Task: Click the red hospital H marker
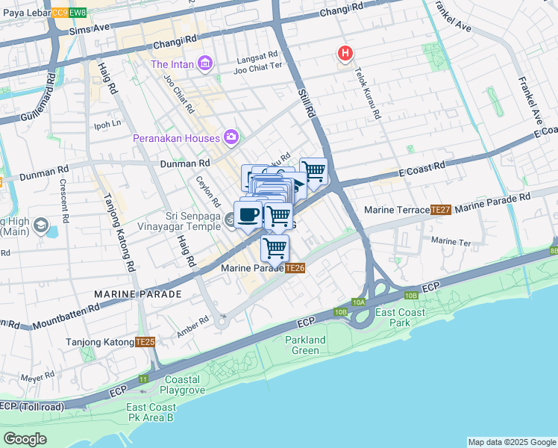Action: click(x=345, y=53)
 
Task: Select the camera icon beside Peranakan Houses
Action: click(x=231, y=137)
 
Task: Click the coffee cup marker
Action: click(x=248, y=214)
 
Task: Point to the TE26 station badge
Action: click(x=295, y=268)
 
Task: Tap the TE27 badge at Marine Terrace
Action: click(x=441, y=210)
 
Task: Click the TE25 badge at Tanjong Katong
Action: click(x=145, y=342)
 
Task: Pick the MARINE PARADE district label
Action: click(x=138, y=294)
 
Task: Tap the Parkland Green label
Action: click(x=305, y=345)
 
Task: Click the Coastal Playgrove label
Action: click(x=189, y=384)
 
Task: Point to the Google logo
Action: click(x=25, y=439)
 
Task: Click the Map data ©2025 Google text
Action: click(x=511, y=442)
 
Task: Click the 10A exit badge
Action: click(x=359, y=302)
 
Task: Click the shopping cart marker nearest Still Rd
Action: click(x=313, y=171)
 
